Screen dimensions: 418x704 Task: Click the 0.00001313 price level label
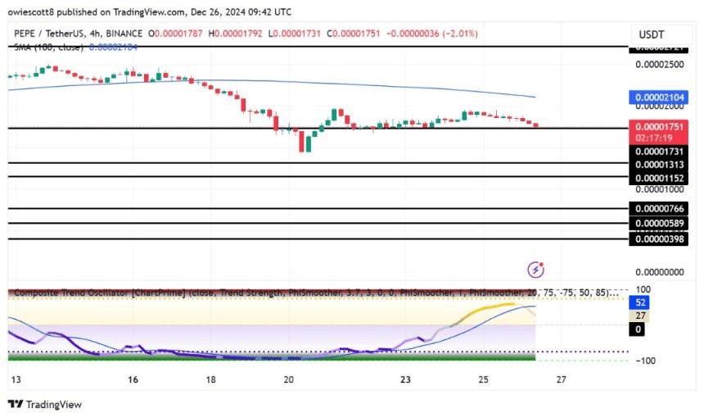click(x=662, y=163)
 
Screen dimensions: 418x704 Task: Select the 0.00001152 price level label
click(x=662, y=177)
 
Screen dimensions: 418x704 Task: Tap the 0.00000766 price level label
click(x=662, y=209)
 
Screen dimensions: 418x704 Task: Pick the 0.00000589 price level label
click(x=662, y=223)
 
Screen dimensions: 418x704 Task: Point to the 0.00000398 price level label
click(x=662, y=239)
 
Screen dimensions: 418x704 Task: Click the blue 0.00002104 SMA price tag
click(x=662, y=98)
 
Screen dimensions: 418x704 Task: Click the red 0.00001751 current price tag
click(x=662, y=127)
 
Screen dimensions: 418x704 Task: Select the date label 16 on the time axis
click(x=133, y=380)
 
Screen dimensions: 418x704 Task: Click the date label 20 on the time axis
click(x=288, y=380)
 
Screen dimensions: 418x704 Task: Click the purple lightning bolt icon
click(x=536, y=269)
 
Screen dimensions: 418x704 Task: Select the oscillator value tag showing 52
click(x=640, y=302)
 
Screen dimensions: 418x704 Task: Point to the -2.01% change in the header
click(x=461, y=34)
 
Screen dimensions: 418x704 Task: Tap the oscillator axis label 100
click(x=643, y=289)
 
